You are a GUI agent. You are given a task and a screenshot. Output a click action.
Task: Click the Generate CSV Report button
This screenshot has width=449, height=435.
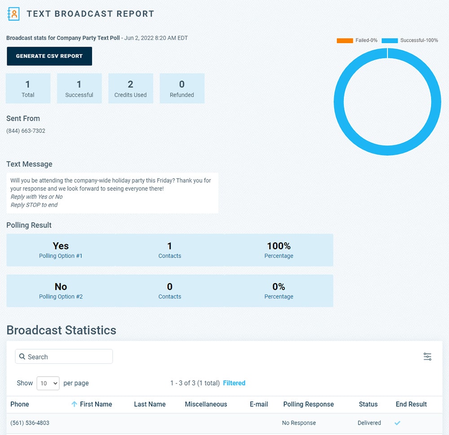(49, 56)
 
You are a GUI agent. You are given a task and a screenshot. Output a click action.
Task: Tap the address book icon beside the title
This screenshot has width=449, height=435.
(14, 14)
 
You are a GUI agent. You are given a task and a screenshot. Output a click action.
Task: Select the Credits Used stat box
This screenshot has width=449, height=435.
(131, 88)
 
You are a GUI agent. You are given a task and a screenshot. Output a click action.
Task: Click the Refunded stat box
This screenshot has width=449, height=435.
(182, 88)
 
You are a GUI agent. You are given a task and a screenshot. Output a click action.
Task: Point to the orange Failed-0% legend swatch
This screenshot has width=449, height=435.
(345, 40)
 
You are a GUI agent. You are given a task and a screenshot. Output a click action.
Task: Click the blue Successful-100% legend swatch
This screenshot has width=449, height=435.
(390, 40)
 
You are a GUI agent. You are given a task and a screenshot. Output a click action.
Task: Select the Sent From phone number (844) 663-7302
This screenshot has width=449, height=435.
(26, 131)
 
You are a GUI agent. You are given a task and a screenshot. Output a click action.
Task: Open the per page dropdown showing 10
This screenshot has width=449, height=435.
(48, 383)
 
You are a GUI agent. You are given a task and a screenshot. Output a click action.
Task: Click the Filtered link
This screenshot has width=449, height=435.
(234, 383)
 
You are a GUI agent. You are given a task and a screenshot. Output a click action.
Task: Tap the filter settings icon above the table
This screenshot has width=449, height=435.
(427, 356)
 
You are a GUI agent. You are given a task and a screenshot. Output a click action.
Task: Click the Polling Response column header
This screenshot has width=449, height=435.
(308, 404)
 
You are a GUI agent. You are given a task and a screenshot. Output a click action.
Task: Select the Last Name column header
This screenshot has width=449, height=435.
(150, 404)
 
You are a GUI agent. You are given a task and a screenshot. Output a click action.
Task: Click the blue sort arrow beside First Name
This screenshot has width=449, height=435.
(75, 404)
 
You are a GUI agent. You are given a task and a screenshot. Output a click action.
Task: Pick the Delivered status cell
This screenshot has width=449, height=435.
(369, 423)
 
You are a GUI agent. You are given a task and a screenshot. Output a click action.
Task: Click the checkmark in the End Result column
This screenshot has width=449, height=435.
(397, 423)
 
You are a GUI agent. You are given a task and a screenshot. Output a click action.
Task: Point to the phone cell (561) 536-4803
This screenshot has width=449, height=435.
(30, 423)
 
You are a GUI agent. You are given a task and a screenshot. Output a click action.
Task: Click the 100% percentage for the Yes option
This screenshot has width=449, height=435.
(278, 246)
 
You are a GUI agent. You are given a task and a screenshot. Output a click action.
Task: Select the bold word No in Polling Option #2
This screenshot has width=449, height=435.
(61, 286)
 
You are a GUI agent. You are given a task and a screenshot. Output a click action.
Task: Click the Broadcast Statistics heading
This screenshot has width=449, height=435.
(61, 330)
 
